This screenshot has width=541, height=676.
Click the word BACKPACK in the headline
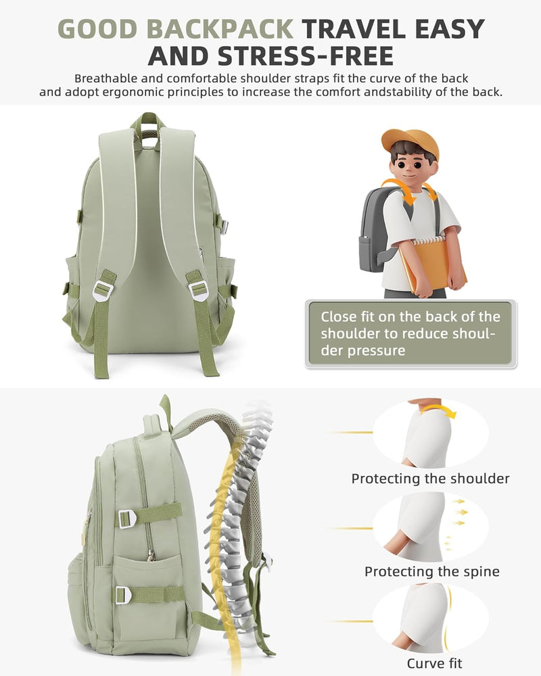coord(220,29)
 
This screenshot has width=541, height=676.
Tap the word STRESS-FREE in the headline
coord(306,56)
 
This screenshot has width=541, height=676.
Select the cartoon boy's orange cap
coord(410,142)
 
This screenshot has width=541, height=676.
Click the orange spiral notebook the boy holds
coord(431,265)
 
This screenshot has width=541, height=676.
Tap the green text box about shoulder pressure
coord(410,334)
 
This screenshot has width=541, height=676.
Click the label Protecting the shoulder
coord(430,479)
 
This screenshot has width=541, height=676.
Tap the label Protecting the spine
coord(432,572)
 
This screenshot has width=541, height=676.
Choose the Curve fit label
coord(434,663)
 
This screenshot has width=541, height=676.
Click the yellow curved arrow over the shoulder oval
coord(439,410)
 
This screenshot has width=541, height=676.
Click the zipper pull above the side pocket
coord(151,556)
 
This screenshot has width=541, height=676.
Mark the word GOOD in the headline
coord(97,29)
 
